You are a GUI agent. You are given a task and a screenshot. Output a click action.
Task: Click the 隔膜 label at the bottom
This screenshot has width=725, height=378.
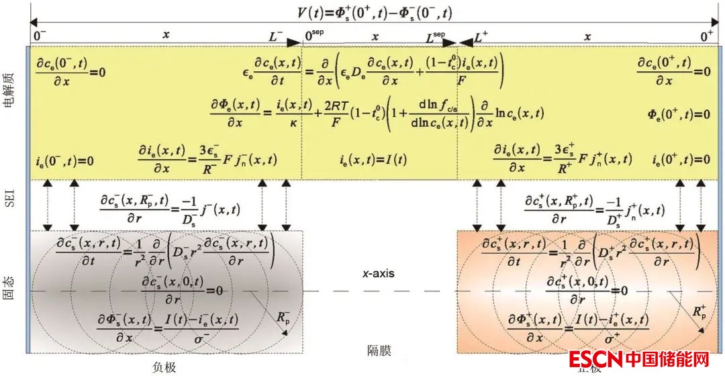tap(379, 349)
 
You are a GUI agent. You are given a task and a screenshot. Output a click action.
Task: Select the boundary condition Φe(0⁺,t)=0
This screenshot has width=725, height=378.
tap(679, 114)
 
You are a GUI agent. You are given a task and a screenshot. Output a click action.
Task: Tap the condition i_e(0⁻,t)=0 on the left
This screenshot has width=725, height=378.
tap(64, 161)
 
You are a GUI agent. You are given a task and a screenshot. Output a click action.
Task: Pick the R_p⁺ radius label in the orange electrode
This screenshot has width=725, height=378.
tap(698, 312)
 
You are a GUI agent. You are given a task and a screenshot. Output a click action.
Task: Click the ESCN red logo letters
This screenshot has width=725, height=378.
tap(595, 360)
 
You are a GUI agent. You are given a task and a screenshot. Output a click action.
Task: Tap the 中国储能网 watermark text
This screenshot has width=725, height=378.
tap(667, 360)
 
